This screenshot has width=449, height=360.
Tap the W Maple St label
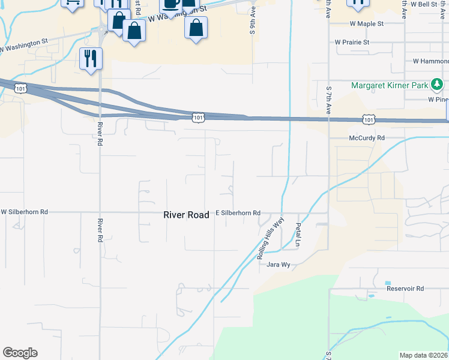click(x=367, y=24)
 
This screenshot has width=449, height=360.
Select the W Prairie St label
click(x=352, y=43)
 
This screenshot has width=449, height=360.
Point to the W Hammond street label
click(x=430, y=61)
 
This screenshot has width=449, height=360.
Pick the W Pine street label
click(x=438, y=100)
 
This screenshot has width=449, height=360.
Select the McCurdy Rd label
click(x=367, y=138)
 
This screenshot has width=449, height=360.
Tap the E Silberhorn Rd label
click(x=238, y=213)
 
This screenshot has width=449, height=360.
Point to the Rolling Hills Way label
click(x=270, y=238)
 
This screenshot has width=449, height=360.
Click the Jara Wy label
click(x=279, y=265)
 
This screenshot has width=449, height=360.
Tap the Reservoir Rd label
click(x=405, y=289)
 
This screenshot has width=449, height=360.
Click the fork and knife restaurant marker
click(x=91, y=59)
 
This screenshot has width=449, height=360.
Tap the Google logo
click(x=20, y=353)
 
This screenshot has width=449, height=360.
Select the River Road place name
click(x=186, y=214)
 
